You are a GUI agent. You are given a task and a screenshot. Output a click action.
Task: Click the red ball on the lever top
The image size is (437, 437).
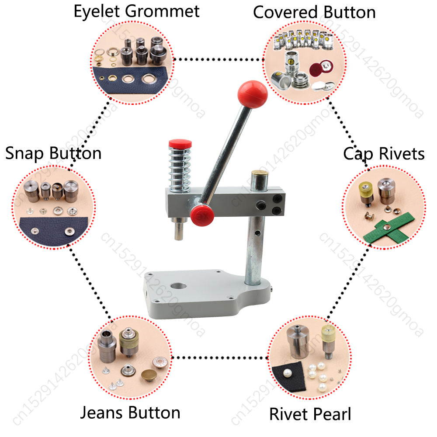[x=252, y=93]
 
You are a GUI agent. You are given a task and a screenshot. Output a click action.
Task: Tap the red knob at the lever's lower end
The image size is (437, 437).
[x=202, y=214]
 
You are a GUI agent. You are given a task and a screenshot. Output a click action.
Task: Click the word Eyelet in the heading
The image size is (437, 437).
[x=96, y=11]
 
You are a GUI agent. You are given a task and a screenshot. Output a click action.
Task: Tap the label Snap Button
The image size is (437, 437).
[x=53, y=153]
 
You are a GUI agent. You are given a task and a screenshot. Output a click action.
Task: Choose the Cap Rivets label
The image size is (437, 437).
[x=384, y=153]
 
